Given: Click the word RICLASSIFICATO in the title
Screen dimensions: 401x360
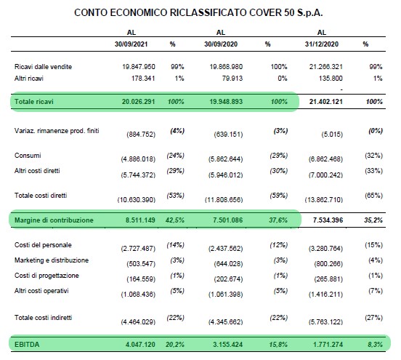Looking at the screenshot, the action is pyautogui.click(x=208, y=12).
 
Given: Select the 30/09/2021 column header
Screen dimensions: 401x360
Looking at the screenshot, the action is pyautogui.click(x=131, y=44).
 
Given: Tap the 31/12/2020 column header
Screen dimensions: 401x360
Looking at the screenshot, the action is pyautogui.click(x=322, y=44).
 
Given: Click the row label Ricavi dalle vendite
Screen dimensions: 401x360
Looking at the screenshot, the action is pyautogui.click(x=43, y=67).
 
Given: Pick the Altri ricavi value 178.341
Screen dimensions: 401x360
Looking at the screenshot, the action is pyautogui.click(x=143, y=79).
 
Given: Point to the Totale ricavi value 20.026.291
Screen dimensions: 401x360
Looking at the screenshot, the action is pyautogui.click(x=138, y=102).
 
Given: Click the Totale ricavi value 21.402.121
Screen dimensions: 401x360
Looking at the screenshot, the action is pyautogui.click(x=325, y=102).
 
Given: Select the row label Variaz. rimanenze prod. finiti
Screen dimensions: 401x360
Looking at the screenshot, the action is pyautogui.click(x=57, y=131).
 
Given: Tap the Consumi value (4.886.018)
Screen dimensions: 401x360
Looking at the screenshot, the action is pyautogui.click(x=138, y=159).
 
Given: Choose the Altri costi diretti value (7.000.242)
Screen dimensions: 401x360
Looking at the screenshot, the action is pyautogui.click(x=325, y=175).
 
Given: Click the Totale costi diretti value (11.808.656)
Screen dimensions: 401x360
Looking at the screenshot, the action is pyautogui.click(x=224, y=200).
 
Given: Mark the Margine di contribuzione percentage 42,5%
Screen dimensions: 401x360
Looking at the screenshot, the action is pyautogui.click(x=175, y=220).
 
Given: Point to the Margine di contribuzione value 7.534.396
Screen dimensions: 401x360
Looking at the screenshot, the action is pyautogui.click(x=328, y=220).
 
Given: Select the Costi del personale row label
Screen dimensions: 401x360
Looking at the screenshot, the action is pyautogui.click(x=43, y=245).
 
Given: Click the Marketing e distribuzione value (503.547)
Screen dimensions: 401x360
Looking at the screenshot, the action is pyautogui.click(x=141, y=264).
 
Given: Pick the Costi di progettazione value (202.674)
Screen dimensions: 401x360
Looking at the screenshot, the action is pyautogui.click(x=228, y=279).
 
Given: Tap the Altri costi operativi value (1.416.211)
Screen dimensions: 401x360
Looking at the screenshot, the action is pyautogui.click(x=325, y=295).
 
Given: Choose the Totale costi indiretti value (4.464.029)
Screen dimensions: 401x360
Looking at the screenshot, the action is pyautogui.click(x=138, y=322).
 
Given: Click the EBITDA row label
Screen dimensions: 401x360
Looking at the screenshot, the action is pyautogui.click(x=27, y=345).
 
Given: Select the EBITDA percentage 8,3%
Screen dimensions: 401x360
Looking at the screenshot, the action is pyautogui.click(x=375, y=345).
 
